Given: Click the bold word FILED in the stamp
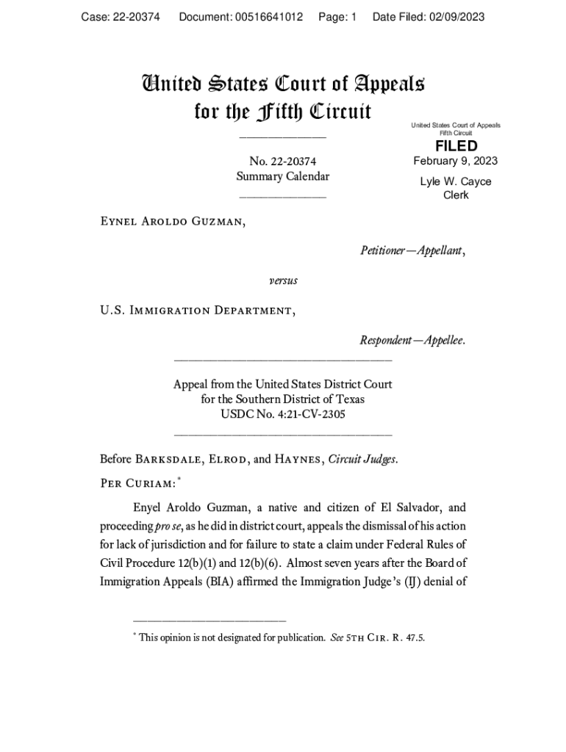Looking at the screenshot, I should click(456, 146).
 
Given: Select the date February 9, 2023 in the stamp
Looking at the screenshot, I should click(456, 162).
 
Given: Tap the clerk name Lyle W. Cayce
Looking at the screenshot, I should click(456, 181).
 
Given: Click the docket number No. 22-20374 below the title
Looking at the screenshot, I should click(283, 162).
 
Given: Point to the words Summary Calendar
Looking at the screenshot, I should click(283, 176).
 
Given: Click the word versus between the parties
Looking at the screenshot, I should click(283, 281).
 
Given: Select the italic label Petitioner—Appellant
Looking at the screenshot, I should click(412, 251).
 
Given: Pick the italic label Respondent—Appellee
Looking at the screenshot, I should click(412, 341).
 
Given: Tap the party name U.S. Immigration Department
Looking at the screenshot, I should click(198, 311).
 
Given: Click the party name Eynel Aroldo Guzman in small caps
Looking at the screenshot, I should click(173, 221).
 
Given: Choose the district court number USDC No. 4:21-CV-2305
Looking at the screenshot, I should click(283, 414).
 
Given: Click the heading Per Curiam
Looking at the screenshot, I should click(137, 483).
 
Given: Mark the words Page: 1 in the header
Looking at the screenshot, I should click(337, 17).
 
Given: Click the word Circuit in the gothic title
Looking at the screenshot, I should click(341, 112).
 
